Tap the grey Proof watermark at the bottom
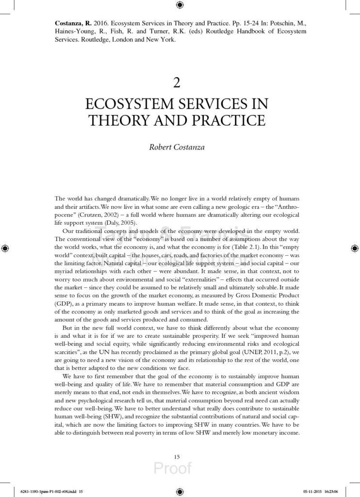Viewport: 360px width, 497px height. pos(173,468)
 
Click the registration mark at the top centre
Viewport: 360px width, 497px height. pos(180,5)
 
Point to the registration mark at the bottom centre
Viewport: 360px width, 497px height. pos(180,490)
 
